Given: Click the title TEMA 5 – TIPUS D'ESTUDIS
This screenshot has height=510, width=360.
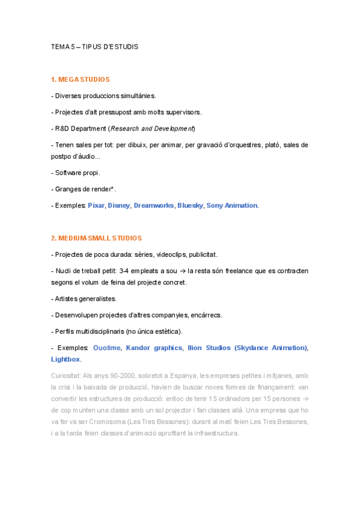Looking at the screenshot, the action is coord(94,46).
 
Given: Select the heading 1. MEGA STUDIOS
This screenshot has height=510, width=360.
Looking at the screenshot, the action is coord(80,79).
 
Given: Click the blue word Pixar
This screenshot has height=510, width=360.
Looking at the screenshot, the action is coord(96,206).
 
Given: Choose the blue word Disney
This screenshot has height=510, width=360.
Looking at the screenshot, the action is coord(118,206).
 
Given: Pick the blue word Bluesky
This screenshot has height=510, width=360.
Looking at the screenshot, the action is coord(189,206).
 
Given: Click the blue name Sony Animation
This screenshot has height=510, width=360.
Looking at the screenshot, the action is coord(232,206).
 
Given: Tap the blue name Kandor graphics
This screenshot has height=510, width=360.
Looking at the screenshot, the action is coord(154,348).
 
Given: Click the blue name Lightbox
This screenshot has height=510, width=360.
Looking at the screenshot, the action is coord(66,360).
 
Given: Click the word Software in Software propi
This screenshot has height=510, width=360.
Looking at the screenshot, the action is coord(69,173).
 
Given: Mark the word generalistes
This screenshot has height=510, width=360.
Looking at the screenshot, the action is coord(98,299).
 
